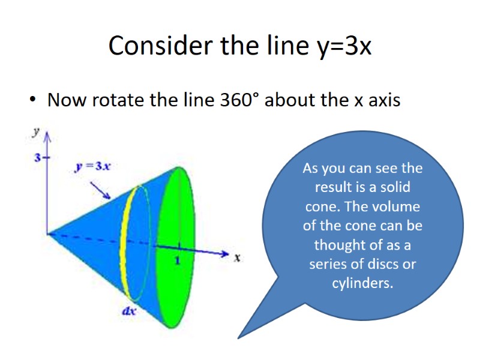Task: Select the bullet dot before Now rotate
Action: coord(34,100)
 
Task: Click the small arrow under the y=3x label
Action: coord(100,190)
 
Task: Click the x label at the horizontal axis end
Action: coord(237,258)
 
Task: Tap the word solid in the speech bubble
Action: coord(395,187)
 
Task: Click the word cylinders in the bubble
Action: coord(362,283)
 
